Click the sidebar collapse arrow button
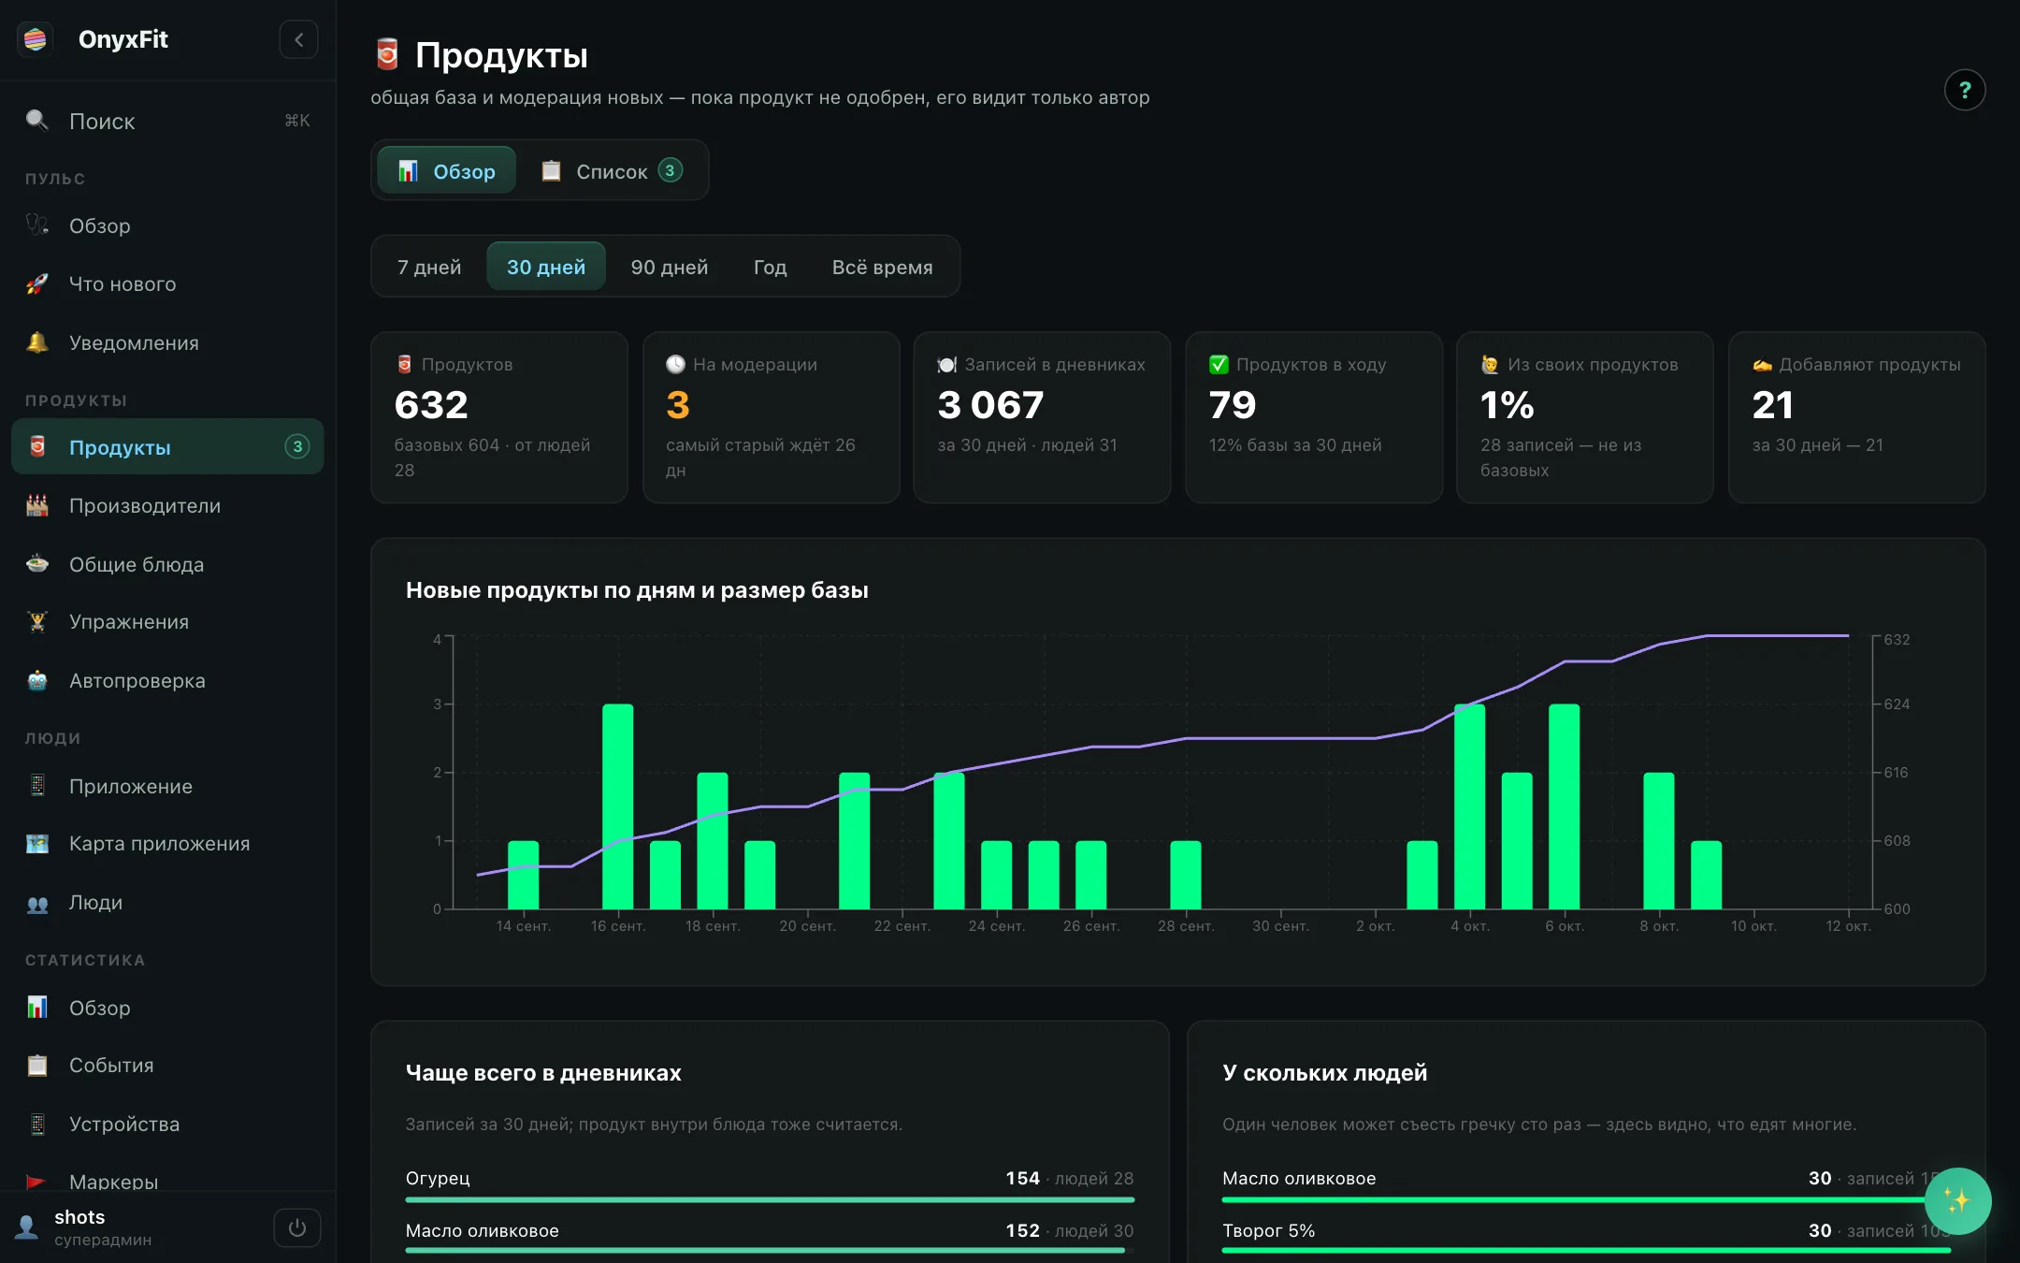click(x=298, y=39)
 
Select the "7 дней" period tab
click(x=429, y=267)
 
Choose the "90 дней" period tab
click(x=670, y=267)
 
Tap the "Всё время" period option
click(x=882, y=267)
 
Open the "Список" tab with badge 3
click(x=613, y=170)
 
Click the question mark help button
click(x=1965, y=90)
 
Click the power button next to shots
click(x=297, y=1227)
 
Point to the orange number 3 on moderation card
click(x=678, y=405)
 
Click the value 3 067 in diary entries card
click(x=990, y=405)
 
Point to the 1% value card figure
click(x=1507, y=405)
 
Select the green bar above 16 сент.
click(x=618, y=806)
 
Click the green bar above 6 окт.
click(x=1565, y=806)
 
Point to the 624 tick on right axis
click(x=1897, y=704)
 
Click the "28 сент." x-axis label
click(x=1186, y=926)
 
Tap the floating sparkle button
click(x=1957, y=1201)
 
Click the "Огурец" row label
click(x=438, y=1178)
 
